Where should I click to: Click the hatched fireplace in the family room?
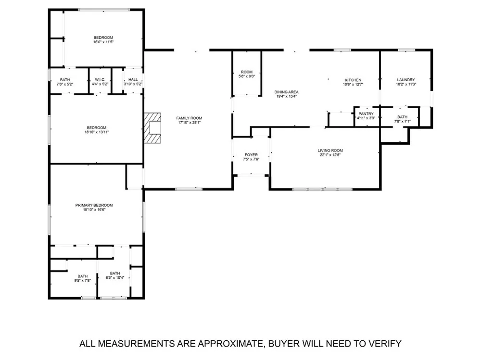coord(152,128)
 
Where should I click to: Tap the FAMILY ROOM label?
coord(189,118)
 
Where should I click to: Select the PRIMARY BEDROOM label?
coord(94,205)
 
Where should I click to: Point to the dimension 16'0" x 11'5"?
coord(103,42)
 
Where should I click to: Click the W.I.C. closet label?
coord(100,80)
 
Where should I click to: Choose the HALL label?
coord(133,80)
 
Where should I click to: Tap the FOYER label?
coord(251,155)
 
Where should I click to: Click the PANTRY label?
coord(366,114)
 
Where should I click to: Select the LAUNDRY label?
coord(406,80)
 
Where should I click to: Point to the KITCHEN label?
coord(353,80)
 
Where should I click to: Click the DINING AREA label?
coord(287,92)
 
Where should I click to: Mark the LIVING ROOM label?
coord(330,150)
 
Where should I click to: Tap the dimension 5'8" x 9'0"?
coord(247,76)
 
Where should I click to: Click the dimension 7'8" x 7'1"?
coord(403,122)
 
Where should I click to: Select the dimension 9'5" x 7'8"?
coord(83,281)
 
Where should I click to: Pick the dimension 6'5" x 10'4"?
coord(115,278)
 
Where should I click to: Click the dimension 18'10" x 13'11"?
coord(97,132)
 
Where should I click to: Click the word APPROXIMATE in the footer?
coord(230,344)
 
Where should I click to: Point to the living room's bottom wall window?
coord(322,189)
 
